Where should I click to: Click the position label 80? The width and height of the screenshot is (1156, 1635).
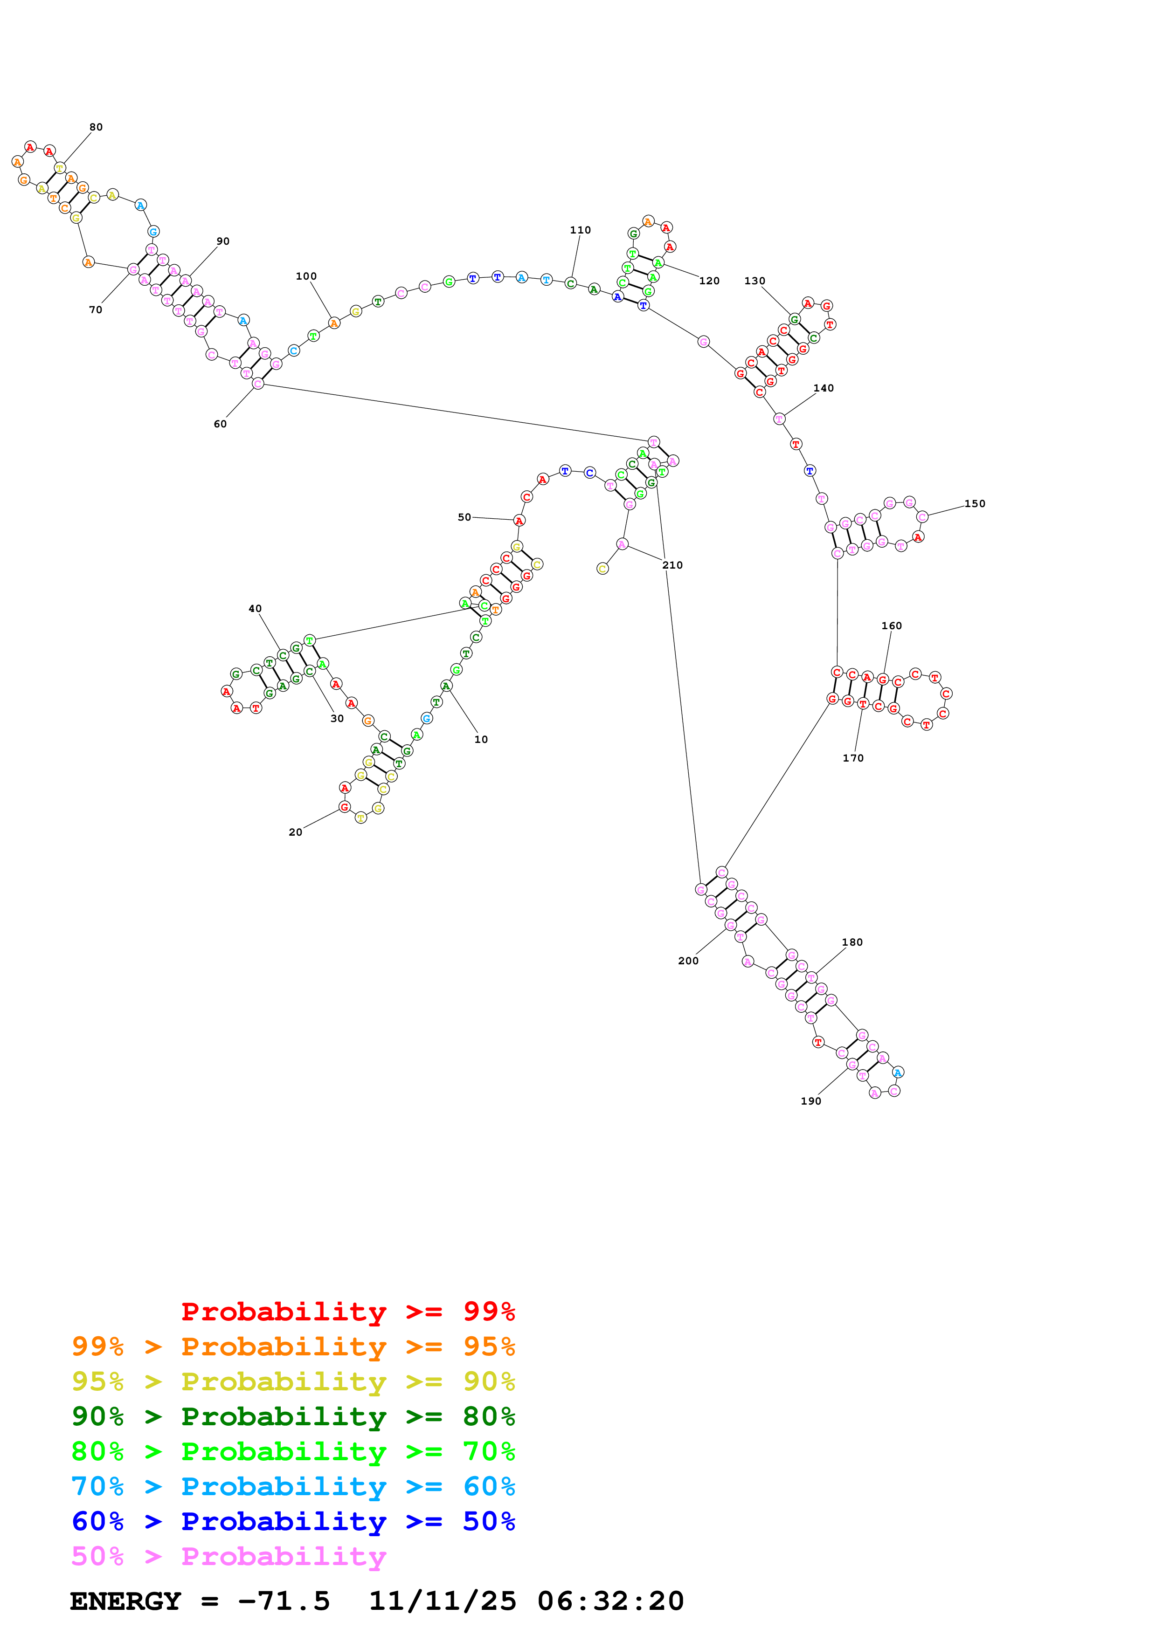coord(96,127)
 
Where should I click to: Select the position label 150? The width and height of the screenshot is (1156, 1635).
coord(975,503)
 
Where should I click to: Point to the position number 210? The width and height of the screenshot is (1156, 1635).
coord(672,565)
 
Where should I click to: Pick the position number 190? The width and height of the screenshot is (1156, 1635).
coord(810,1101)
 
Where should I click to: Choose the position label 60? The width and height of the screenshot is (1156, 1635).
coord(220,424)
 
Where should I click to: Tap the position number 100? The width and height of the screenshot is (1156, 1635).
coord(306,276)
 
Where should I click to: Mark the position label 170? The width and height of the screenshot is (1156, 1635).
coord(852,758)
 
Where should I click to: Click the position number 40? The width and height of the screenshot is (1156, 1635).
coord(255,608)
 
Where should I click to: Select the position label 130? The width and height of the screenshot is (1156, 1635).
coord(755,281)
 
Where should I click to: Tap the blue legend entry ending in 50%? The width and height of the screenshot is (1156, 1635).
coord(293,1521)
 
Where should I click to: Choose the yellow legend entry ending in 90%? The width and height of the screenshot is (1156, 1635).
coord(293,1381)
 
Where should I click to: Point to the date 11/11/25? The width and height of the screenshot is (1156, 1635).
coord(443,1601)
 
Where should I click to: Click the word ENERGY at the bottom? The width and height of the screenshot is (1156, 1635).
coord(125,1601)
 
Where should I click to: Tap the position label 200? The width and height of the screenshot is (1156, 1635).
coord(688,961)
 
